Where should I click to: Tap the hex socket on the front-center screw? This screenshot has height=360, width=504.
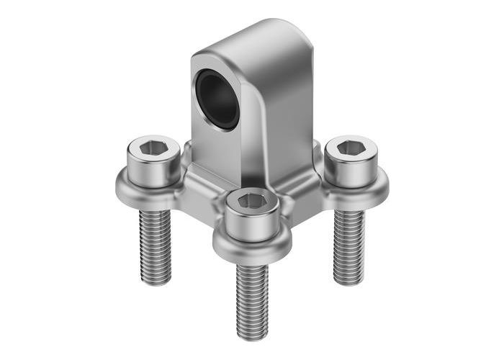[252, 201]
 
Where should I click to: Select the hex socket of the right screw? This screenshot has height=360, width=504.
[351, 147]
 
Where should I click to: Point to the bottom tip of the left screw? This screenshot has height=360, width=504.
[156, 281]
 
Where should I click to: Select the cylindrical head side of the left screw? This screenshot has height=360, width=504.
[153, 171]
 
